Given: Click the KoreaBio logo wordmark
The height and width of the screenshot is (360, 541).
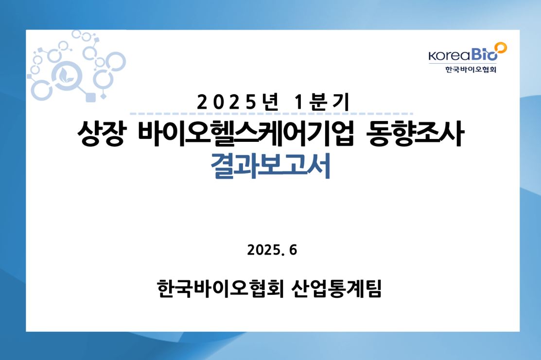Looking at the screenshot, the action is (468, 52).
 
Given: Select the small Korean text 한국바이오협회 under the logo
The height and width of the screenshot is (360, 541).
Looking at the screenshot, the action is (471, 69).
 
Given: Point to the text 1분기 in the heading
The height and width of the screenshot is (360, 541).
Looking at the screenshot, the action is (322, 103).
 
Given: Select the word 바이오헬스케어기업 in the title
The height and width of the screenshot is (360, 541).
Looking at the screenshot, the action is (246, 134).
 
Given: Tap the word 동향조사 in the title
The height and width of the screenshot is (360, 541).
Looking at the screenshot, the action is (416, 134).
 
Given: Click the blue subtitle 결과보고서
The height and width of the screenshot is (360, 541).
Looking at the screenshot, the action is (270, 166).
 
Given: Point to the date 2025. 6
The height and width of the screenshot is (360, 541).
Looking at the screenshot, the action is (272, 250).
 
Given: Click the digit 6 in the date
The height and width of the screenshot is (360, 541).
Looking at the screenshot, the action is (293, 250).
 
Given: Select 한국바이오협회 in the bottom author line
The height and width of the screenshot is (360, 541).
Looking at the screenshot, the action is (220, 288).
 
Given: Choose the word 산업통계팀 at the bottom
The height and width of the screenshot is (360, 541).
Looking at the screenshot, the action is (336, 288).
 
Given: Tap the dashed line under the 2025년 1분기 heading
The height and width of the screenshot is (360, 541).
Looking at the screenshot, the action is (271, 114).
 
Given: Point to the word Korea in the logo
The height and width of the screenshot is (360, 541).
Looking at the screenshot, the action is (449, 55).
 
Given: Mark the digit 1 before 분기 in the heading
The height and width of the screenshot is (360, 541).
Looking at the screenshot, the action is (299, 103).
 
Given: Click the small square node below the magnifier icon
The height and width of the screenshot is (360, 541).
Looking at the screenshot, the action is (90, 97).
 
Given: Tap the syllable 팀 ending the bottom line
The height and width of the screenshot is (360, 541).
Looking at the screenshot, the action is (373, 288).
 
